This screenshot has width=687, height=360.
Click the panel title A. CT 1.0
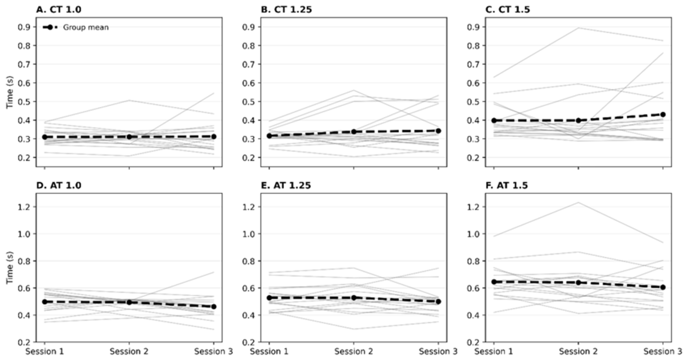[x=59, y=10]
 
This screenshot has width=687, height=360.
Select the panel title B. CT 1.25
[x=286, y=10]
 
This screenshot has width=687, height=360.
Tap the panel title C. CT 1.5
[x=508, y=10]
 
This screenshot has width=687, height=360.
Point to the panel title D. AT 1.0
[x=59, y=186]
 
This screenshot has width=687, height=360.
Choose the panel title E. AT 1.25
[x=286, y=186]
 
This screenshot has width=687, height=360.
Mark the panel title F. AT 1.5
[x=507, y=186]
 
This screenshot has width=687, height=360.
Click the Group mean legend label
[x=86, y=27]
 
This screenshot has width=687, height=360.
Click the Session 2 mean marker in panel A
[x=129, y=137]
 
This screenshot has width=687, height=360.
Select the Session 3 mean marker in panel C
[x=663, y=115]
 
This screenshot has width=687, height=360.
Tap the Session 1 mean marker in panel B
[x=269, y=135]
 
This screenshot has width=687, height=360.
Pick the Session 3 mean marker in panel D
[x=214, y=306]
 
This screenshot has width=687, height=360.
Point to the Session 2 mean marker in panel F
[x=579, y=282]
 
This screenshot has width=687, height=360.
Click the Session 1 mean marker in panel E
[x=269, y=298]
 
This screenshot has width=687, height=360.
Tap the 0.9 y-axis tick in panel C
[x=473, y=27]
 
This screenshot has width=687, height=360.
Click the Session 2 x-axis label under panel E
[x=354, y=352]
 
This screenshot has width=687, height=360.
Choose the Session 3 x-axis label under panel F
[x=663, y=352]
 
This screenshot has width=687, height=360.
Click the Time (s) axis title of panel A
[x=10, y=92]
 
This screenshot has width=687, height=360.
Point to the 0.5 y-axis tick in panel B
[x=249, y=102]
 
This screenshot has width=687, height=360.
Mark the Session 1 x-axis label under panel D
[x=45, y=352]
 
